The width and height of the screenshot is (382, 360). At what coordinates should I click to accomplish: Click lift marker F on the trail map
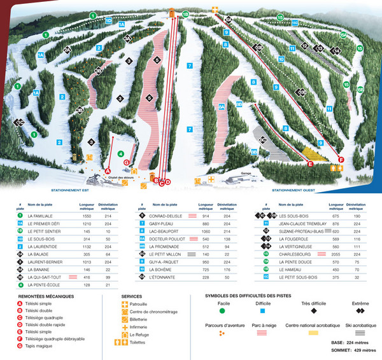[341, 160]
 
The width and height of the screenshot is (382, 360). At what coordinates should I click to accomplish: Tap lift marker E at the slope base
[310, 164]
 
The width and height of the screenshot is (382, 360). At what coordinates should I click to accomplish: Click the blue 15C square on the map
[295, 23]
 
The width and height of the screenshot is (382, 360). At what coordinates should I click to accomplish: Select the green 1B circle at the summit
[185, 13]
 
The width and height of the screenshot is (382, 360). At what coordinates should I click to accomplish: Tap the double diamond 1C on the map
[20, 123]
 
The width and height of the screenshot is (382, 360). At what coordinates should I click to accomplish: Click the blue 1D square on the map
[109, 21]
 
